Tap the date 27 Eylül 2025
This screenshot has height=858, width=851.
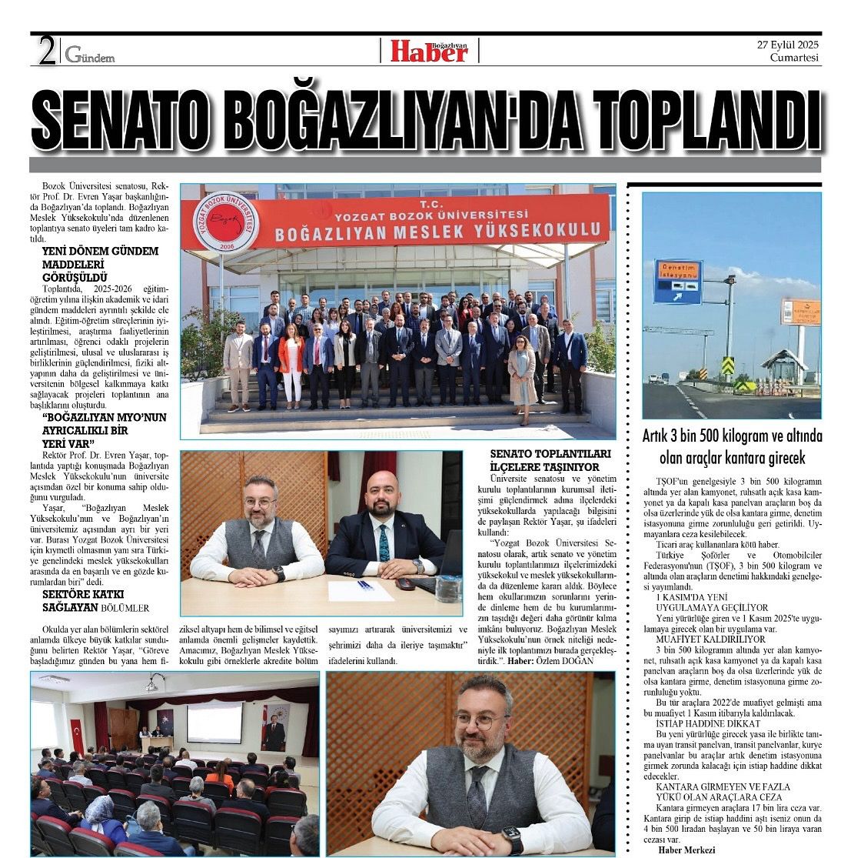click(787, 45)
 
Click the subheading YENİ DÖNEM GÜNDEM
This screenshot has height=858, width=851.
click(100, 251)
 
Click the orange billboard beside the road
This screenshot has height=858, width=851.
click(800, 311)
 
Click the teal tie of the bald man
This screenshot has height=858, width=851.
click(384, 543)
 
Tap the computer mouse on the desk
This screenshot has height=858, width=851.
click(405, 583)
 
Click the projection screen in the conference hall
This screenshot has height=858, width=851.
click(214, 722)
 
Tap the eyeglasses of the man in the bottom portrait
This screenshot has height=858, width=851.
click(479, 721)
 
